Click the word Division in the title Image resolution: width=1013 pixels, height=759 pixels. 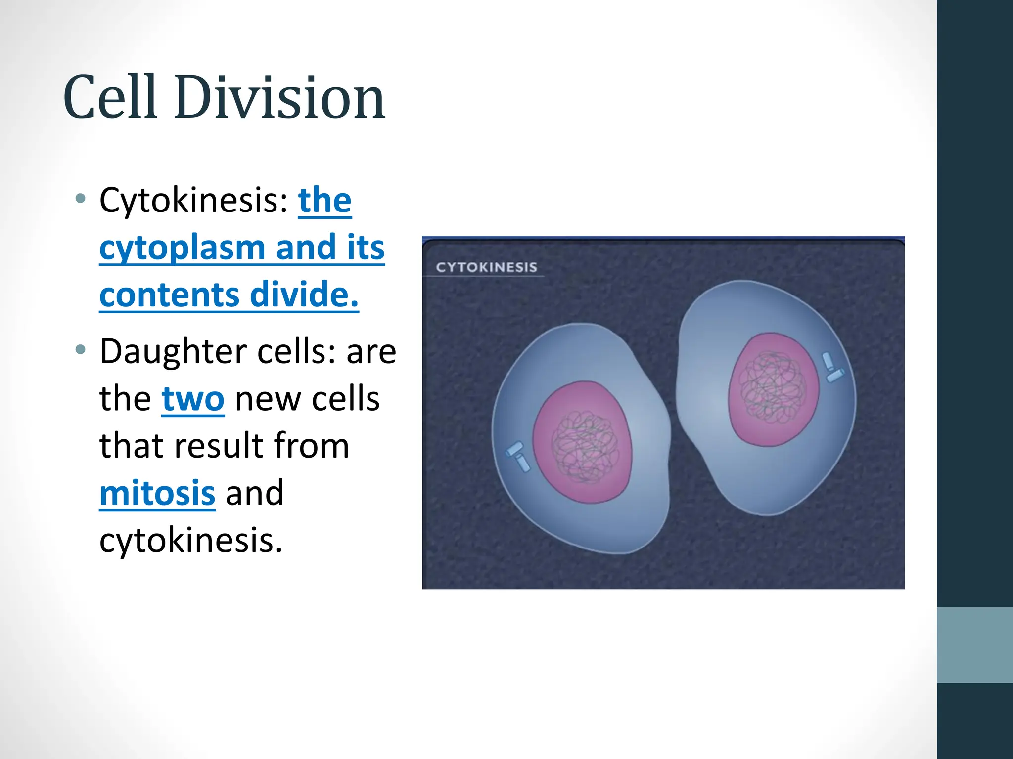pyautogui.click(x=279, y=97)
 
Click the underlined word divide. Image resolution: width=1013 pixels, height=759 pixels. pyautogui.click(x=304, y=295)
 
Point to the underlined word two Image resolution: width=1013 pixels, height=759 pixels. pyautogui.click(x=193, y=399)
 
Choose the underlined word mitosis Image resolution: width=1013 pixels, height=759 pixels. pyautogui.click(x=157, y=493)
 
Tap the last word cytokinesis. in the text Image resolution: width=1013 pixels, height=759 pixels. pyautogui.click(x=191, y=541)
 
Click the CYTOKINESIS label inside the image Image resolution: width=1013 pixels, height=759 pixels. pyautogui.click(x=486, y=267)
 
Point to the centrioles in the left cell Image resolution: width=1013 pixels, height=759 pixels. pyautogui.click(x=517, y=456)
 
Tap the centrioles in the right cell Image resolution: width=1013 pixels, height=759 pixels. pyautogui.click(x=832, y=368)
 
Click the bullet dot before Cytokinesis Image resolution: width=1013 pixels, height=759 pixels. pyautogui.click(x=81, y=199)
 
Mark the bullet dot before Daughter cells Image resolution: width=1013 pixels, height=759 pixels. pyautogui.click(x=81, y=350)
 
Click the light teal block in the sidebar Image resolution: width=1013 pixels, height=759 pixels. pyautogui.click(x=974, y=645)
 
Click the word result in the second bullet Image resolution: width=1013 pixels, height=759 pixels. pyautogui.click(x=218, y=446)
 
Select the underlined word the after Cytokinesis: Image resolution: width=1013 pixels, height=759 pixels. pyautogui.click(x=324, y=201)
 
